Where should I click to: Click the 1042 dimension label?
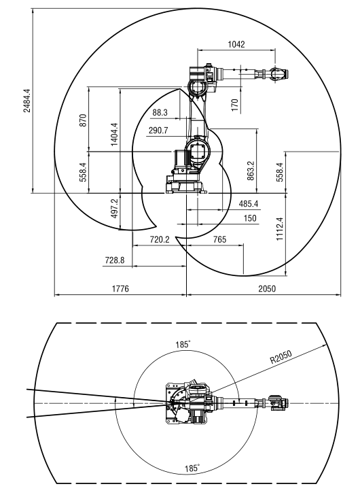[236, 44]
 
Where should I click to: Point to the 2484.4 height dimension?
[27, 101]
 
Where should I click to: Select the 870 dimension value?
[83, 120]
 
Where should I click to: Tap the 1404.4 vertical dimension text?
[114, 135]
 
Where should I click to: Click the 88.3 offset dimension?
[160, 112]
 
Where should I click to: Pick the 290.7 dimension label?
[158, 131]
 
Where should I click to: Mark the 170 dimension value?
[234, 105]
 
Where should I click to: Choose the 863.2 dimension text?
[251, 171]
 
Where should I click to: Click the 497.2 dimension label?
[114, 209]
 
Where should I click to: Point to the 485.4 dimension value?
[249, 203]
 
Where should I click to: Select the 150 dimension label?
[250, 218]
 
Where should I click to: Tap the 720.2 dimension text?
[160, 239]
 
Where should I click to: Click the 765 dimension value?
[220, 239]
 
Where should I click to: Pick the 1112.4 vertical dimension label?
[280, 229]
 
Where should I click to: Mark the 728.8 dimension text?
[115, 260]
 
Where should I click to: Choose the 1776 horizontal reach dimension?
[121, 288]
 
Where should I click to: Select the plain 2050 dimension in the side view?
[267, 288]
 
